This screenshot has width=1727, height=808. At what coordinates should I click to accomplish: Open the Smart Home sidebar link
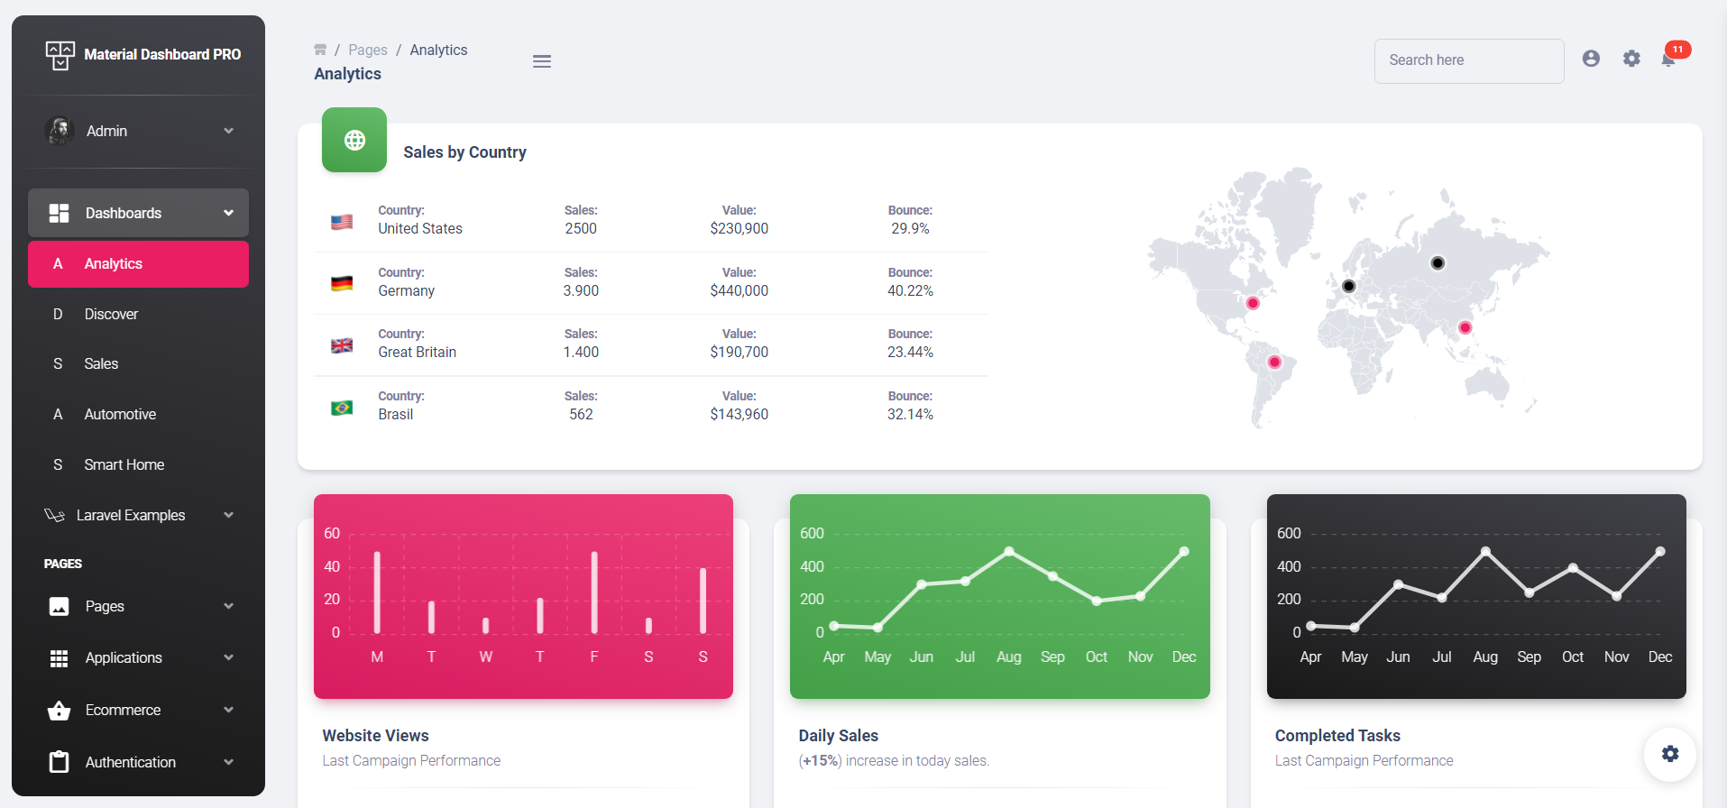point(124,465)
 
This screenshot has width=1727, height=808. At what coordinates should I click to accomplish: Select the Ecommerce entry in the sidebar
point(123,711)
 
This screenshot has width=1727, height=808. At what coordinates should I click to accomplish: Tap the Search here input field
point(1468,60)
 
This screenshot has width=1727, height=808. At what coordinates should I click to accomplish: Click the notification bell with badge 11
point(1669,60)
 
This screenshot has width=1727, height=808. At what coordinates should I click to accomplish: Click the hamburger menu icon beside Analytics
point(541,61)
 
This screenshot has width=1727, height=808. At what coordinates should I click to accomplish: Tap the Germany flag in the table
point(342,283)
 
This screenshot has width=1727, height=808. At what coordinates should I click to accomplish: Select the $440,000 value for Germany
point(739,291)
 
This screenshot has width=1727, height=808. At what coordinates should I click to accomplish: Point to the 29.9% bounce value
point(910,229)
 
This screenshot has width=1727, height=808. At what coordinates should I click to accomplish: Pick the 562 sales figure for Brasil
point(581,415)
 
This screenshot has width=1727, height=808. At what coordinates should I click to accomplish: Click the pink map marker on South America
point(1273,363)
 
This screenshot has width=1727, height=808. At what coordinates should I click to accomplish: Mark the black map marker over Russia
point(1438,263)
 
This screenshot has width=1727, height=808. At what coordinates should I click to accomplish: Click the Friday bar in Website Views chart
point(594,592)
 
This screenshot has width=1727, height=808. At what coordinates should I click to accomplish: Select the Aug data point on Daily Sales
point(1009,551)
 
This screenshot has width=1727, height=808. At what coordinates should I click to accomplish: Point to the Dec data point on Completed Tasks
point(1660,551)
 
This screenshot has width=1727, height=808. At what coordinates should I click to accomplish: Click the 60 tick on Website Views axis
point(332,534)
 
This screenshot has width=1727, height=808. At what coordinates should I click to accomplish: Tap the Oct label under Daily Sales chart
point(1096,657)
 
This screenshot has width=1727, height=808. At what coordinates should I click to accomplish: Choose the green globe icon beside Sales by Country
point(354,140)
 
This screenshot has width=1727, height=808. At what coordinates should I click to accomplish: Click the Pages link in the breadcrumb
point(368,50)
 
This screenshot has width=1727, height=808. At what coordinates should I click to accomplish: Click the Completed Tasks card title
point(1337,736)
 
